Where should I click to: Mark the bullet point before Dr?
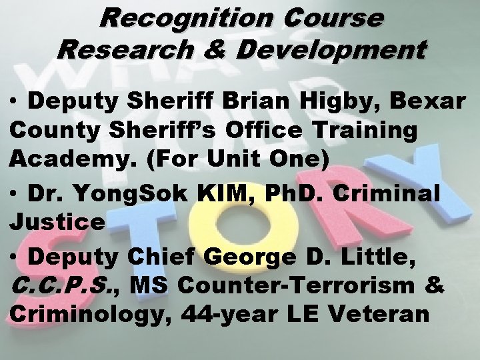(15, 195)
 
